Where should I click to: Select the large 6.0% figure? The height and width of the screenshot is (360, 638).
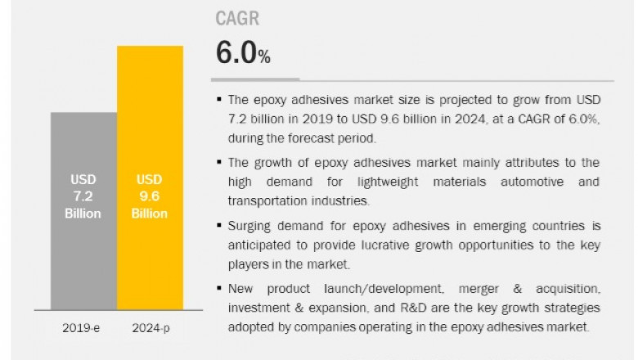pos(242,53)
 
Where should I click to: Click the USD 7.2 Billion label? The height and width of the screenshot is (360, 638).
pos(83,196)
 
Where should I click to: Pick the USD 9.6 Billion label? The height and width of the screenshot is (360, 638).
pos(150,196)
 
